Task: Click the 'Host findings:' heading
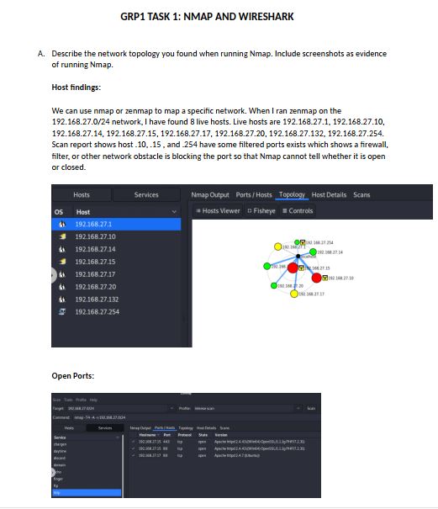[x=76, y=87]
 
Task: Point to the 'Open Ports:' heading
[x=74, y=375]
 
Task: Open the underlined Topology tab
[x=292, y=194]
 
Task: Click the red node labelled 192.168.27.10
[x=319, y=278]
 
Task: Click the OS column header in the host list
[x=59, y=212]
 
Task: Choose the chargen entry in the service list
[x=61, y=442]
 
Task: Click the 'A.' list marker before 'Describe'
[x=41, y=53]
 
